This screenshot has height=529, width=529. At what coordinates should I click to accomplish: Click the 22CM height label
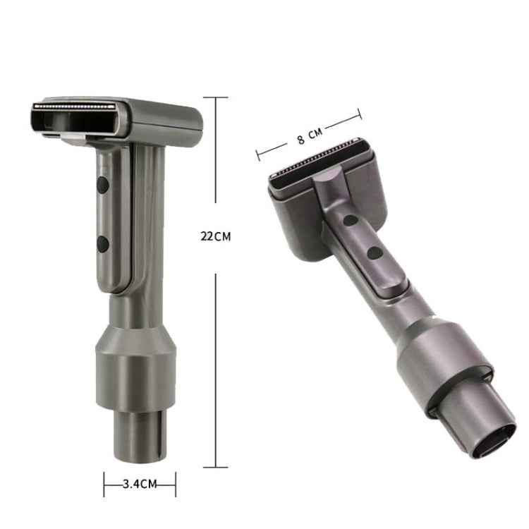[215, 237]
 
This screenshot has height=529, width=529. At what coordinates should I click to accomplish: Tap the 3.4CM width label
[139, 484]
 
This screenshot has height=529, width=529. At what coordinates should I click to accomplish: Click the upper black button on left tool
[102, 186]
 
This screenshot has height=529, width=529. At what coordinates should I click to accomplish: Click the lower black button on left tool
[102, 245]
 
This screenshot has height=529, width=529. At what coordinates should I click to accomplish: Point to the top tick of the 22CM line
[215, 97]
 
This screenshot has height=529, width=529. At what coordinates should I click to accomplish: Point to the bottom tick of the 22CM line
[215, 466]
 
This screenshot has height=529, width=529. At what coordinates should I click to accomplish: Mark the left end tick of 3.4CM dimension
[104, 484]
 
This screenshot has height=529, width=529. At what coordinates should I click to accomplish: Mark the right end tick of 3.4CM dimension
[175, 484]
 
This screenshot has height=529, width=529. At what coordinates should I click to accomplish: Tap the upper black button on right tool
[351, 221]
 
